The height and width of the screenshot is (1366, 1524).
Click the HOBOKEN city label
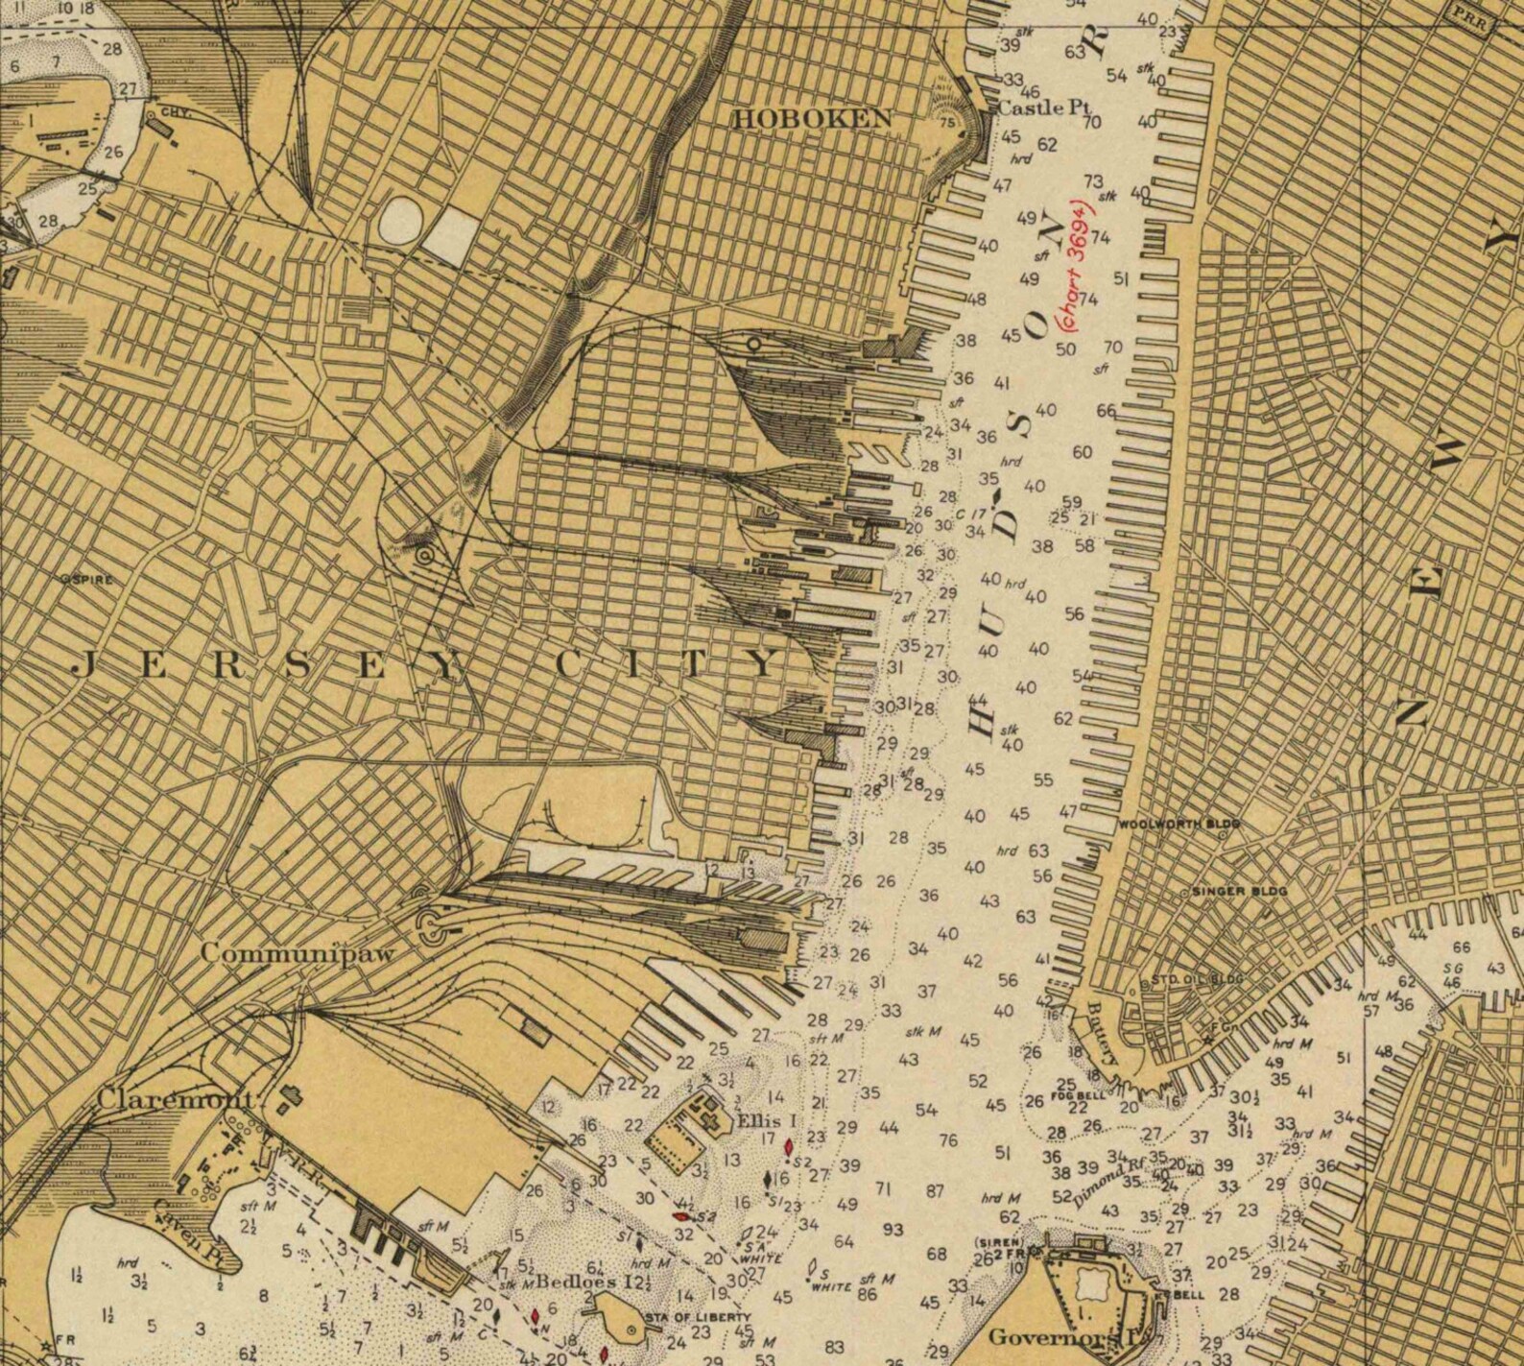tap(813, 119)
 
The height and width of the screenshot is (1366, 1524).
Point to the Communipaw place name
tap(298, 954)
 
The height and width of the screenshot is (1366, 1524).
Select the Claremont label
tap(176, 1100)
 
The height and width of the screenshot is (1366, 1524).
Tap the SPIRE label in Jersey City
tap(87, 580)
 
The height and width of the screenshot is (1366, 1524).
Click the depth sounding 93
tap(893, 1230)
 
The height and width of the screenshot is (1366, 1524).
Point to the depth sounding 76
tap(948, 1140)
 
